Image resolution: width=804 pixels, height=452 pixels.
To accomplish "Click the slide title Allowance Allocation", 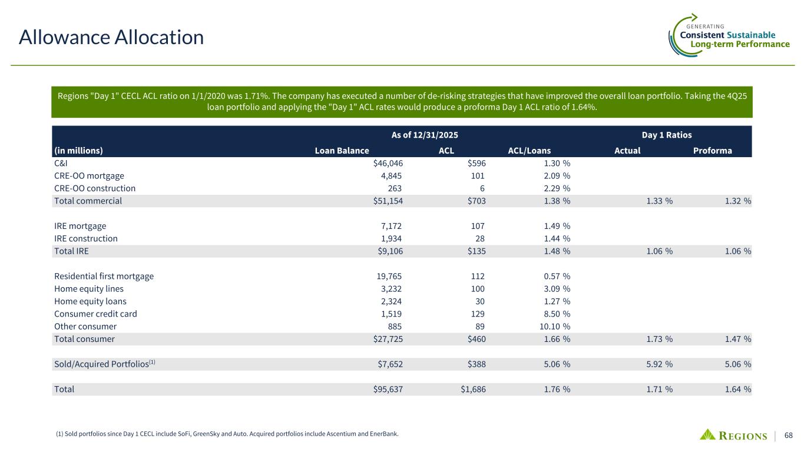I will tap(111, 38).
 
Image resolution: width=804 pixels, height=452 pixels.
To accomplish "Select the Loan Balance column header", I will tap(342, 150).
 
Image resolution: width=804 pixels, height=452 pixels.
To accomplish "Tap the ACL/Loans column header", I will tap(529, 150).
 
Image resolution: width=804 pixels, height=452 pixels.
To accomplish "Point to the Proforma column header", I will tap(712, 150).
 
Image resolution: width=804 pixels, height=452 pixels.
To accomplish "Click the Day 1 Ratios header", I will tap(666, 135).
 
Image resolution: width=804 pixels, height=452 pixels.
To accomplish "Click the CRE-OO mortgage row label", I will tap(89, 175).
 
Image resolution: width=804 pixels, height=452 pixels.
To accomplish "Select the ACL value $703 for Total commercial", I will tap(474, 201).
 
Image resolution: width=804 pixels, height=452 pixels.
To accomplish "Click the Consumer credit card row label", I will tap(95, 314).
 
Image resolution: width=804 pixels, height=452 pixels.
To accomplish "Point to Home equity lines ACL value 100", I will tap(478, 288).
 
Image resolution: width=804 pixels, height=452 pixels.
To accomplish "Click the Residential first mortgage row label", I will tap(104, 276).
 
